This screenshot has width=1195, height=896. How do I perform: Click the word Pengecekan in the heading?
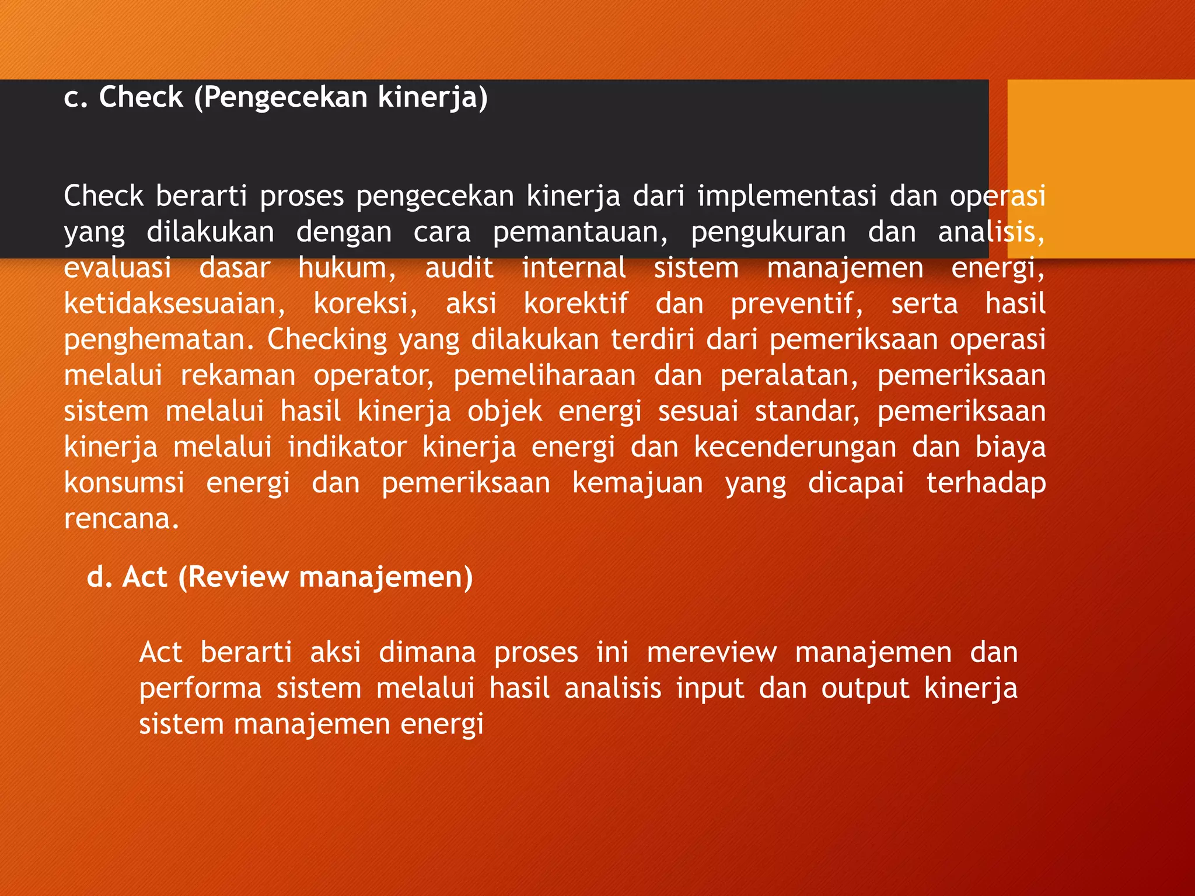[286, 98]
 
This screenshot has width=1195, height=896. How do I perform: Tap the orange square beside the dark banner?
[1100, 169]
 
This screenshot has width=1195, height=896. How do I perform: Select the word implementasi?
[787, 197]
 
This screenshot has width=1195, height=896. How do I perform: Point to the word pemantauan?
[580, 233]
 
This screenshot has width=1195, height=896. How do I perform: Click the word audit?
[459, 268]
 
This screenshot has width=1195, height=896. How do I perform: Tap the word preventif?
[796, 304]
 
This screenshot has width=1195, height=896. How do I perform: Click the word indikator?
[347, 448]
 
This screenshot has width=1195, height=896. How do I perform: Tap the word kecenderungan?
[795, 448]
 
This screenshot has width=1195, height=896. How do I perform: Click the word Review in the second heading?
[239, 577]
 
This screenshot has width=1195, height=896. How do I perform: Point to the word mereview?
[712, 653]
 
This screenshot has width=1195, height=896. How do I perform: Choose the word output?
[865, 689]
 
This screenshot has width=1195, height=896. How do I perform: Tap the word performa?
[200, 689]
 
